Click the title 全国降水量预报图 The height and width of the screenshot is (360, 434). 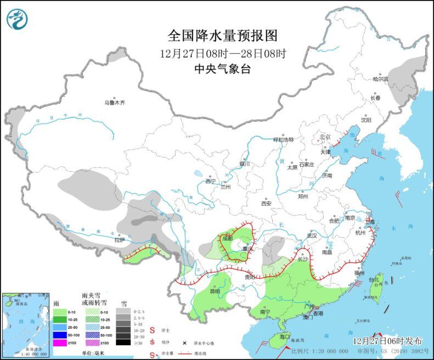pos(222,36)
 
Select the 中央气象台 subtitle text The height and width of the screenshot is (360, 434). pos(222,69)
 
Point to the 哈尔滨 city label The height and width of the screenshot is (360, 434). pos(380,79)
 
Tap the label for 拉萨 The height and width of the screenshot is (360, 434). pos(120,239)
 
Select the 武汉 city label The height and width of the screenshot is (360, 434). pos(312,235)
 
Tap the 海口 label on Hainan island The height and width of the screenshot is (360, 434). pos(284,336)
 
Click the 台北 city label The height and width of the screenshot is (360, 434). pos(374,280)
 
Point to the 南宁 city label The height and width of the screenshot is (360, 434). pos(265,312)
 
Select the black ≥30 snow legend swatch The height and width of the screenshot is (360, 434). pos(123,342)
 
